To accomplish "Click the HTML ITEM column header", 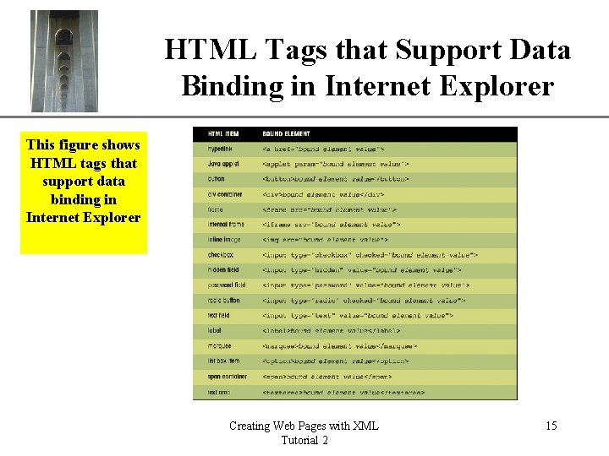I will point(223,133).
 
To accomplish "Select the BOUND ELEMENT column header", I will point(286,133).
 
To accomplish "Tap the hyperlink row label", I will point(221,149).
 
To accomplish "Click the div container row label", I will point(225,194).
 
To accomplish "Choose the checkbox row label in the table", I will point(221,254).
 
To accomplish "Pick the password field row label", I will point(227,285).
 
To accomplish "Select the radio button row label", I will point(224,300).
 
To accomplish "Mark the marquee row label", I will point(220,345).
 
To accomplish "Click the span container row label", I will point(227,376).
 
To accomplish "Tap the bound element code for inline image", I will point(325,240).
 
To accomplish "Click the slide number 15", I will point(551,426).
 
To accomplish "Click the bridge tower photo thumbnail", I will point(64,61).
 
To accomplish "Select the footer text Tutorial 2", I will point(304,440).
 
